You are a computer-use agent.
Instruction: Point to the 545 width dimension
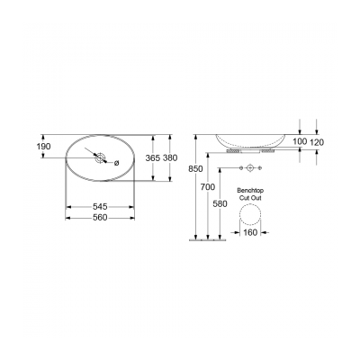[101, 206]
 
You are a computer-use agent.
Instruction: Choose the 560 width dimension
[101, 218]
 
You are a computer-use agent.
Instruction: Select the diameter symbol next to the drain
[116, 162]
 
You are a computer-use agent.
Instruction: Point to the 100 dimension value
[301, 142]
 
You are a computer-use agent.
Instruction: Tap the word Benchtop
[249, 191]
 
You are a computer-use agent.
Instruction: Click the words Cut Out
[249, 198]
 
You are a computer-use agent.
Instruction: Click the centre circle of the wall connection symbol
[249, 168]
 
